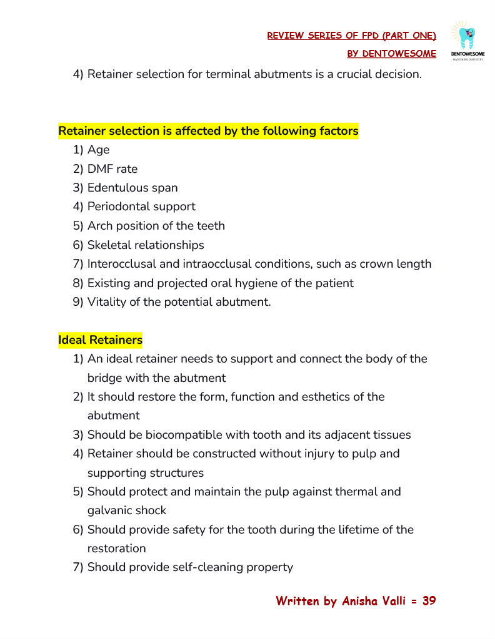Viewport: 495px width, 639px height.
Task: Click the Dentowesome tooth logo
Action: (467, 41)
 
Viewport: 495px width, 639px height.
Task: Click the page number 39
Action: (429, 601)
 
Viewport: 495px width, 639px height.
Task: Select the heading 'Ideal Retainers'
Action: (100, 340)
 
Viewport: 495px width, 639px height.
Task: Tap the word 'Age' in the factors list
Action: (98, 150)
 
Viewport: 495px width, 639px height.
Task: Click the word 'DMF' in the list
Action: (100, 169)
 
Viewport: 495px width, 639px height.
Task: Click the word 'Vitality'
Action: (107, 302)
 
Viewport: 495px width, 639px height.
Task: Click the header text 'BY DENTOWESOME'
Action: (391, 54)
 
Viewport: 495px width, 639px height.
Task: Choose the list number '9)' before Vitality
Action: (78, 302)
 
